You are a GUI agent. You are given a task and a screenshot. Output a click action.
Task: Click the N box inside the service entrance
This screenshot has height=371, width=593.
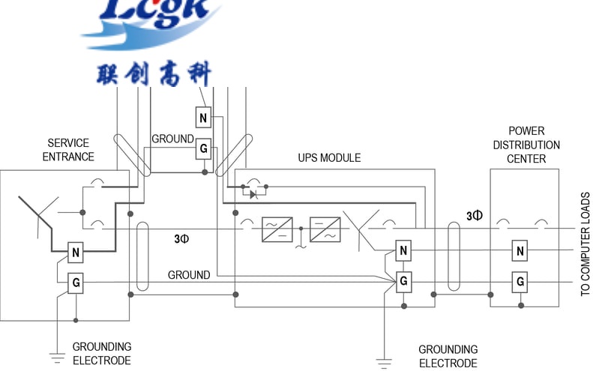76,253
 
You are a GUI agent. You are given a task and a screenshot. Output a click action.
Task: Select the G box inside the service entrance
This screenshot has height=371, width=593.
76,283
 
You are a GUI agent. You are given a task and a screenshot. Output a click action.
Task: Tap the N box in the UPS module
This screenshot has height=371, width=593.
403,250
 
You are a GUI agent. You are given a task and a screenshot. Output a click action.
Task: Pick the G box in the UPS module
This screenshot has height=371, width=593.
403,281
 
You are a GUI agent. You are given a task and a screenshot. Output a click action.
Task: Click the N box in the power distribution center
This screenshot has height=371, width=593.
519,250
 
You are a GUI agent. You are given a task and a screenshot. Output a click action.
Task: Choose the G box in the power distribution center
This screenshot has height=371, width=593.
519,283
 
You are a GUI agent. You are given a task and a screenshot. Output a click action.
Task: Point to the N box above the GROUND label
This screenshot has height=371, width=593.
203,118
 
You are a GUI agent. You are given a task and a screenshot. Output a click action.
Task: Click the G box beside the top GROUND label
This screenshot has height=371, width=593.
203,149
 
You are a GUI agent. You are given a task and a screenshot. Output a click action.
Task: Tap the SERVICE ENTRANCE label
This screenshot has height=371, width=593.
68,150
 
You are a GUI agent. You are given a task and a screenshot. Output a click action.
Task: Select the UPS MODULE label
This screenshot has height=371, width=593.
329,158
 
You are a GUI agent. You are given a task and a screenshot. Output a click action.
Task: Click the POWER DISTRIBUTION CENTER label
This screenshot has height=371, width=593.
526,145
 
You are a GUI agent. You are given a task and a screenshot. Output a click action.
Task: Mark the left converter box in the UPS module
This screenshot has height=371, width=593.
277,229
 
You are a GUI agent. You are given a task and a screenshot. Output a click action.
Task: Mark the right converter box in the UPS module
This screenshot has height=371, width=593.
325,229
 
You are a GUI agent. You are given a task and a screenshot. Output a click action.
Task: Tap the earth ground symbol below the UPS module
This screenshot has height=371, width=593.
383,364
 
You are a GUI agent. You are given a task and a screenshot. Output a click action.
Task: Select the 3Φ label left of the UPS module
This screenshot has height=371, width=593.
181,239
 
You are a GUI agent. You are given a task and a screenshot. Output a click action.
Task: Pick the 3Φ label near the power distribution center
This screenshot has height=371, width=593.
475,216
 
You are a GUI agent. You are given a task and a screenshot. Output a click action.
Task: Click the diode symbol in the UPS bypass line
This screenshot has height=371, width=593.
253,193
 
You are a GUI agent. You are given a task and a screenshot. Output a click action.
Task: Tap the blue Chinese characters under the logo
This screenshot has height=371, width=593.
154,74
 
